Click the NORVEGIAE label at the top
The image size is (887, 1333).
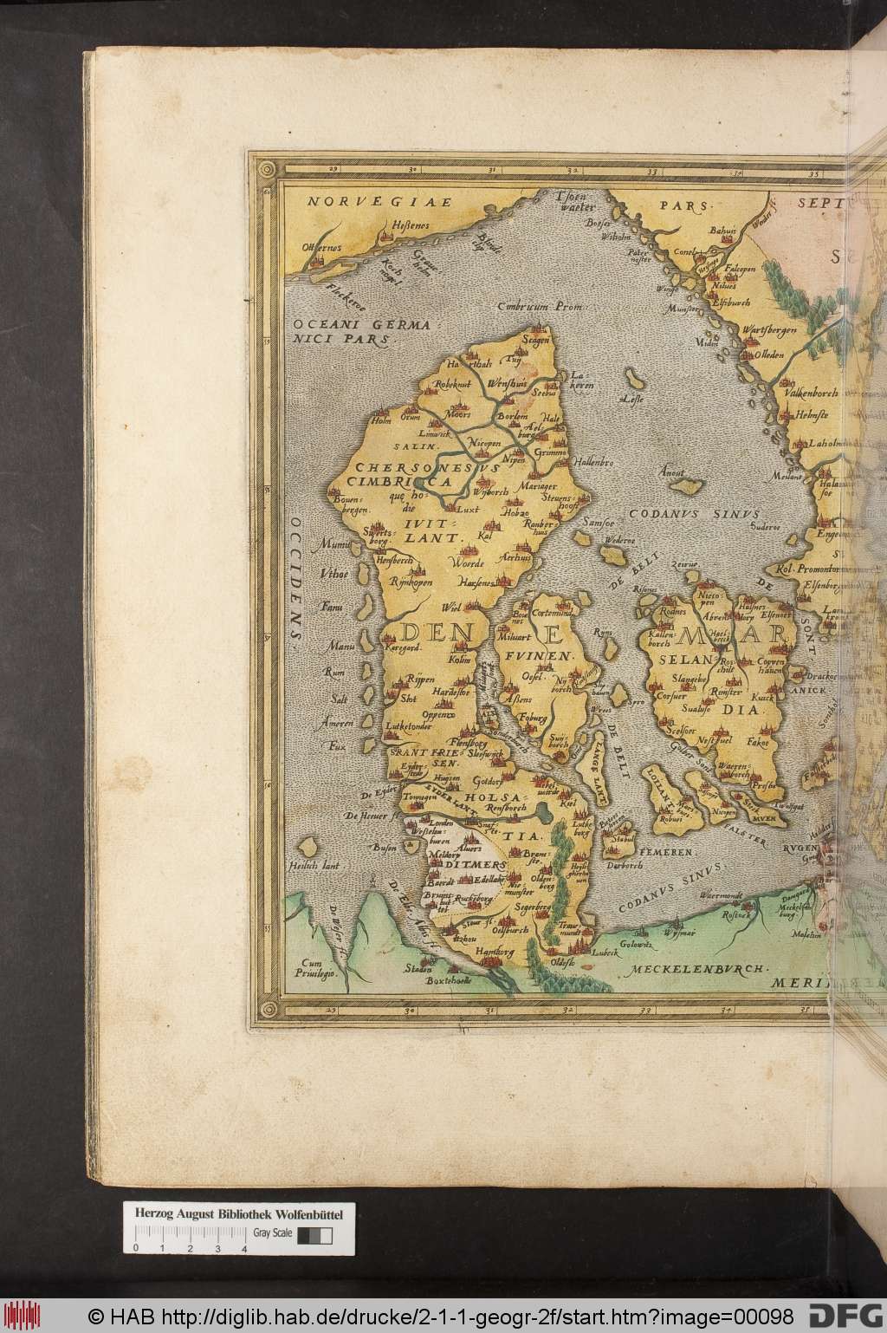coord(379,201)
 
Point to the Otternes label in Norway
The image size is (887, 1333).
coord(323,247)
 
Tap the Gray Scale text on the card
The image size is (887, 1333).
coord(272,1232)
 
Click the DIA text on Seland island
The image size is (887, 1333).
coord(748,708)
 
